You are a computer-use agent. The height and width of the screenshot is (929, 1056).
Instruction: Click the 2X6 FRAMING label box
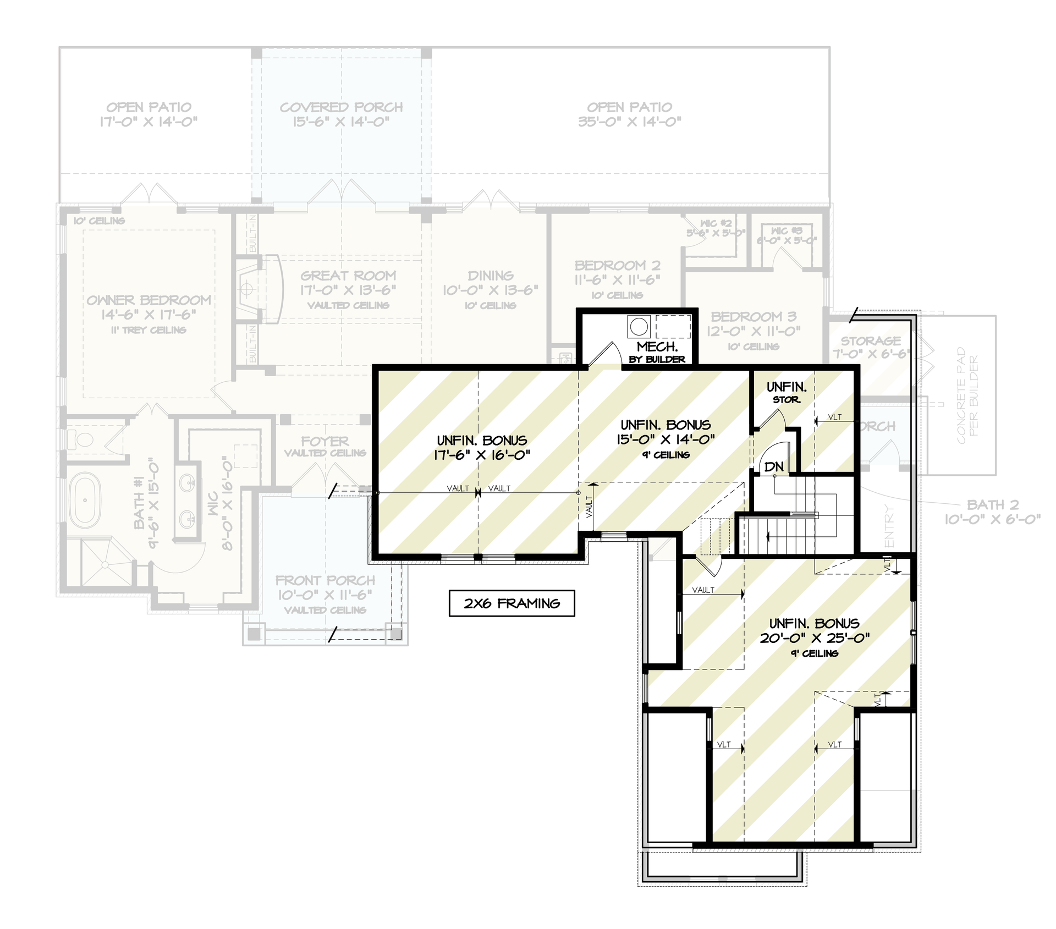(512, 603)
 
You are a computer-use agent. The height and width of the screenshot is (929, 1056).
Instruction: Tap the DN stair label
(774, 466)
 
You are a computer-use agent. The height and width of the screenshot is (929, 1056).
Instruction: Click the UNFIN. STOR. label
(787, 392)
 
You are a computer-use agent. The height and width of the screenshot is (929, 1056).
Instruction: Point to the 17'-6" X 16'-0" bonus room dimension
(482, 455)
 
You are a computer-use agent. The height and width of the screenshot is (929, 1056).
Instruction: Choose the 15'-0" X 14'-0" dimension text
(665, 439)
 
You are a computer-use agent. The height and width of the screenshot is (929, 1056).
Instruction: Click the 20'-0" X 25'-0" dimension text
(815, 638)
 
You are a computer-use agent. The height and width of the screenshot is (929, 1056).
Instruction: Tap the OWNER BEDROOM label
(149, 300)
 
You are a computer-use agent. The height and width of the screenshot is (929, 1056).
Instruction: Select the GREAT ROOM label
(348, 276)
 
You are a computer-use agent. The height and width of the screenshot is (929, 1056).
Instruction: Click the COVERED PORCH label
(341, 107)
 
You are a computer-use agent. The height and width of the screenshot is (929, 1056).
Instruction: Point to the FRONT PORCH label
(325, 580)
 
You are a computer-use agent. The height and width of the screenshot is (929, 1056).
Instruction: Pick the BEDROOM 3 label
(754, 317)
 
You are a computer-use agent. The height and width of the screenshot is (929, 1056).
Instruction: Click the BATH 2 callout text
(993, 504)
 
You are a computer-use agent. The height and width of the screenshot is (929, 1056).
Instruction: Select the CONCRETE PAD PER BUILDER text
(967, 395)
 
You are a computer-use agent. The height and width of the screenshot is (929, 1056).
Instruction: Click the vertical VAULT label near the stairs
(589, 507)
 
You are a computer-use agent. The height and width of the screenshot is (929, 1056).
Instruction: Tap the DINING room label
(491, 276)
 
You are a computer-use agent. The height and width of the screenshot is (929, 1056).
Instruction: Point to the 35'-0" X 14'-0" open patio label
(629, 122)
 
